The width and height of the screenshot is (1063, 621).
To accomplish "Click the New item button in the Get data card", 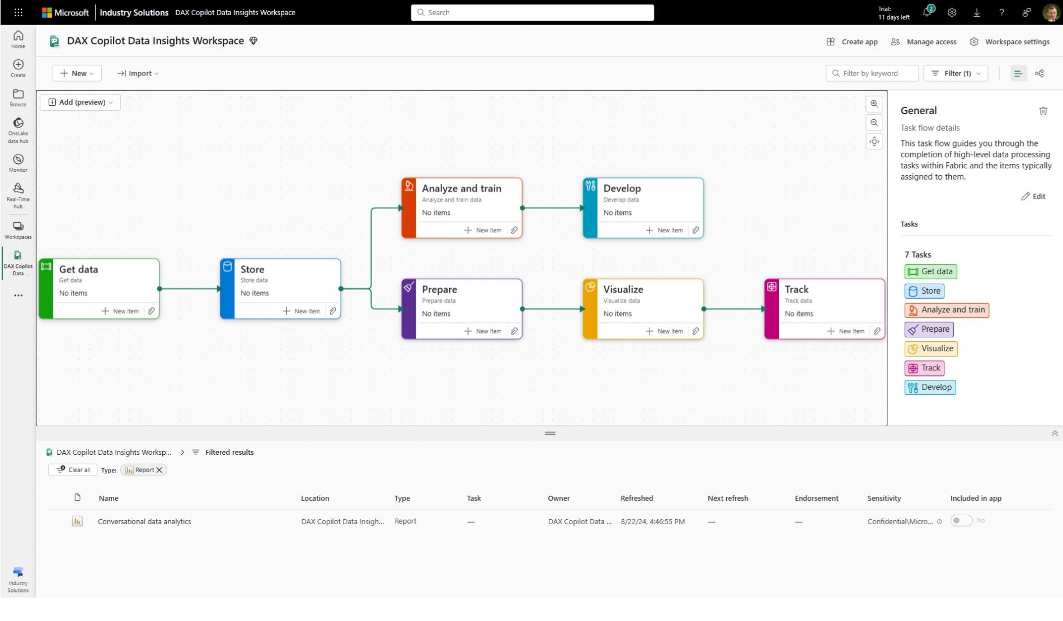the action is click(120, 311).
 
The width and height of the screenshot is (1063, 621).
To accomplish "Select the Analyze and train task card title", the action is click(462, 189).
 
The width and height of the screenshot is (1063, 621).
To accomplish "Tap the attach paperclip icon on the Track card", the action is click(877, 331).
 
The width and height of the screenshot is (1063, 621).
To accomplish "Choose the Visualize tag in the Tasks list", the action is click(931, 349).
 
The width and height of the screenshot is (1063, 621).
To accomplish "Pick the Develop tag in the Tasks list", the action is click(930, 387).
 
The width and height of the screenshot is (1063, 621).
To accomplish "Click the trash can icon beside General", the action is click(1043, 111).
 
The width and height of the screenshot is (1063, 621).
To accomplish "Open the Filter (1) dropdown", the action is click(956, 73).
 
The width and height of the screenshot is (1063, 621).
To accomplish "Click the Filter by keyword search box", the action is click(872, 73).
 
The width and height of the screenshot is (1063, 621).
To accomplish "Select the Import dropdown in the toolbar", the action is click(138, 73).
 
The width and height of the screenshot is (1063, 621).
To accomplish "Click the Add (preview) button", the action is click(81, 102).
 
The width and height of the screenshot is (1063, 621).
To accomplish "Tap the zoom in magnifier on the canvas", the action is click(874, 104).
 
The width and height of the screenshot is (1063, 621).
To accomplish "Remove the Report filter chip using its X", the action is click(159, 470).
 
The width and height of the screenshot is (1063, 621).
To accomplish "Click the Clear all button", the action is click(73, 470).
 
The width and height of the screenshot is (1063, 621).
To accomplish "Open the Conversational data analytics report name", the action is click(144, 521).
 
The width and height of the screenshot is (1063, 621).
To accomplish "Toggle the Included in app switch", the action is click(961, 521).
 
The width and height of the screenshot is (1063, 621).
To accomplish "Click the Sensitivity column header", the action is click(884, 498).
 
